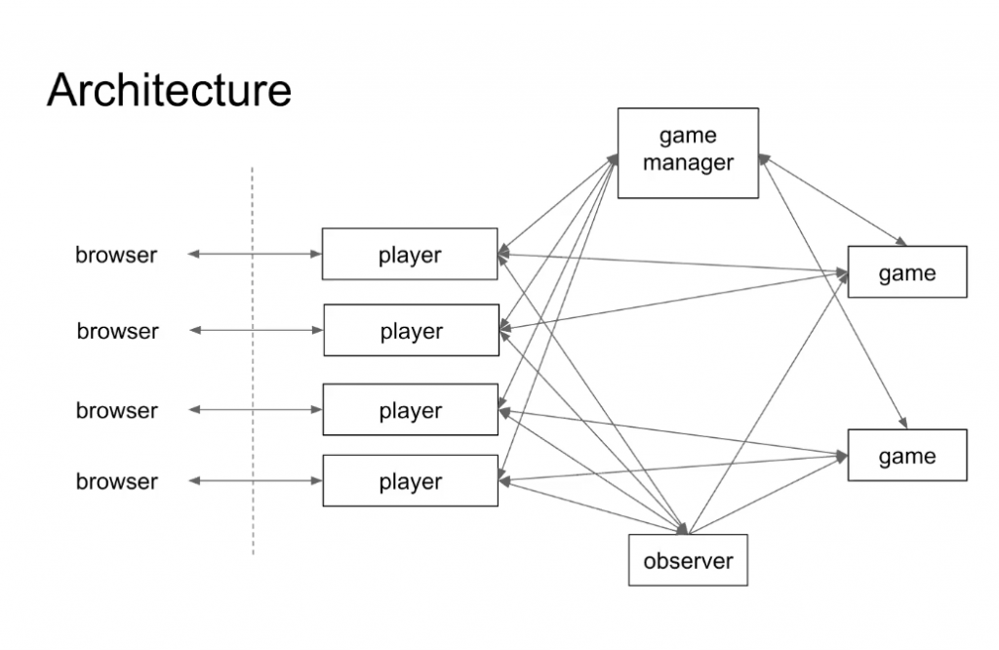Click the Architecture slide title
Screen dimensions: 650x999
pos(169,90)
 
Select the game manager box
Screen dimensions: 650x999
pos(688,152)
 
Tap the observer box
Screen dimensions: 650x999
pos(688,560)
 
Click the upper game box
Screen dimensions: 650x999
pos(907,272)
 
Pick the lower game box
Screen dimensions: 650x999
pos(907,456)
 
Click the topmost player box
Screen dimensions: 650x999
pos(410,255)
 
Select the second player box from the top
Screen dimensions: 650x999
pos(411,331)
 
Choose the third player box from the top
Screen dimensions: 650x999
pos(410,410)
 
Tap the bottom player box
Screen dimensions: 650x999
pos(410,481)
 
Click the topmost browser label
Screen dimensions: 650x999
pos(116,255)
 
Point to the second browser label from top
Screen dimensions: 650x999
pos(117,331)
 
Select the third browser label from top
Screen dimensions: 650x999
pos(116,410)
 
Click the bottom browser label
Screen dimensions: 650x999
pos(116,481)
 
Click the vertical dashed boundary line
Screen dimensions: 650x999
pos(253,361)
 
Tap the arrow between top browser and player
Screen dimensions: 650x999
pos(254,255)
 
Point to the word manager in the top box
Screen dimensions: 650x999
pos(688,163)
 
